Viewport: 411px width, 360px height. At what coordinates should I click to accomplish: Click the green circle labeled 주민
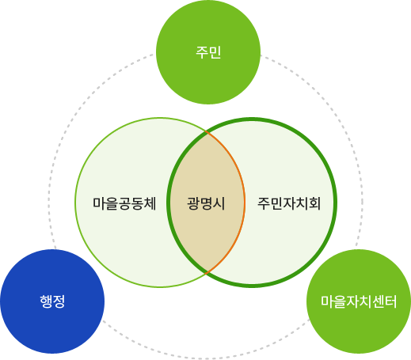208,52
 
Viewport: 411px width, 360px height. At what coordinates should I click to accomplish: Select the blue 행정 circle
52,301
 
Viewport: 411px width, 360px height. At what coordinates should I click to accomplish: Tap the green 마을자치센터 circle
359,301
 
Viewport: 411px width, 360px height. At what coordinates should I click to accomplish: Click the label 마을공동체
123,203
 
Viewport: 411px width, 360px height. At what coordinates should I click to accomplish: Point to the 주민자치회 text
288,203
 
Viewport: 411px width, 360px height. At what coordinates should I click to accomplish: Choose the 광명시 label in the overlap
206,203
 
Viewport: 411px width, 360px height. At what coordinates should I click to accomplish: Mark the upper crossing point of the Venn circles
206,132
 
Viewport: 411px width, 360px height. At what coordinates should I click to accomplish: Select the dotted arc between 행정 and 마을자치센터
206,346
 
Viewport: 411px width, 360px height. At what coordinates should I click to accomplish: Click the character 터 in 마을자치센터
403,301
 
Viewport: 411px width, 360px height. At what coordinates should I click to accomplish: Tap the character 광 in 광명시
193,203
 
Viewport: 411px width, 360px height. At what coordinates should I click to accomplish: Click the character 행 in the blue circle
46,301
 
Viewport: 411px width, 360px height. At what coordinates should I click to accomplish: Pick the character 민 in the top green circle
215,52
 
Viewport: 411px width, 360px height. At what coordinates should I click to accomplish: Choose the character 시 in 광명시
219,203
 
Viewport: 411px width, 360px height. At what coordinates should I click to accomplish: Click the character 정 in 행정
59,301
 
